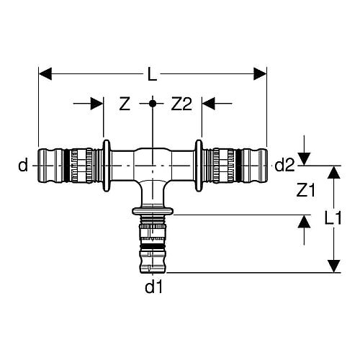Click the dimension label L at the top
point(153,74)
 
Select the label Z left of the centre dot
point(125,104)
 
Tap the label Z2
point(181,104)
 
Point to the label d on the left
point(23,164)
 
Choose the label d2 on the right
point(284,165)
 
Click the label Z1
point(305,190)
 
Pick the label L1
point(333,218)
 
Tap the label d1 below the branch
point(154,287)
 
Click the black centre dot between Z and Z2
point(153,104)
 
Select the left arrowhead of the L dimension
point(45,73)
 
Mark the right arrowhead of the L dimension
point(260,73)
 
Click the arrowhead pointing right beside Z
point(97,104)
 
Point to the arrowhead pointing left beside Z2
point(208,104)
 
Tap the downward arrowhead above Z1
point(304,159)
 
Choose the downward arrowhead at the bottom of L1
point(334,266)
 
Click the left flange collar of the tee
point(107,166)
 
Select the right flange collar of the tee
point(199,166)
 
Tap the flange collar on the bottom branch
point(153,211)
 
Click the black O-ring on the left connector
point(67,166)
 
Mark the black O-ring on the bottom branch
point(153,247)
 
